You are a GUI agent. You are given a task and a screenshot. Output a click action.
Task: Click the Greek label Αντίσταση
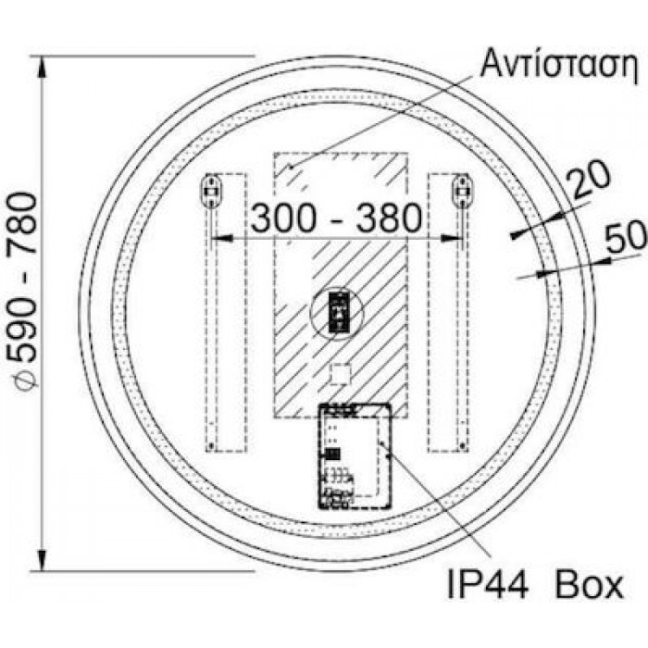pyautogui.click(x=560, y=64)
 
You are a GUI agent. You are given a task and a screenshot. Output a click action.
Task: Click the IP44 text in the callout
pyautogui.click(x=488, y=585)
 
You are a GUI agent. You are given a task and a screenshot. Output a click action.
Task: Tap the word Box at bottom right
pyautogui.click(x=590, y=585)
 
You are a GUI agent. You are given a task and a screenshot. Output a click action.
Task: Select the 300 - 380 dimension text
pyautogui.click(x=336, y=218)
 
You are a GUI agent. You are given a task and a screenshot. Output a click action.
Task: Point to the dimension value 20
pyautogui.click(x=588, y=179)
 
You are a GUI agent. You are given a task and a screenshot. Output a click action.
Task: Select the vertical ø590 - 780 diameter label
pyautogui.click(x=23, y=289)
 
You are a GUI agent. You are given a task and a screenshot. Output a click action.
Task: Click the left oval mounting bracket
pyautogui.click(x=211, y=191)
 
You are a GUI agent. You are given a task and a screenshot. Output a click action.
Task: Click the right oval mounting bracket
pyautogui.click(x=463, y=191)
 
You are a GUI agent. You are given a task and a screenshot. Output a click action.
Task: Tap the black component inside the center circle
pyautogui.click(x=339, y=312)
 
